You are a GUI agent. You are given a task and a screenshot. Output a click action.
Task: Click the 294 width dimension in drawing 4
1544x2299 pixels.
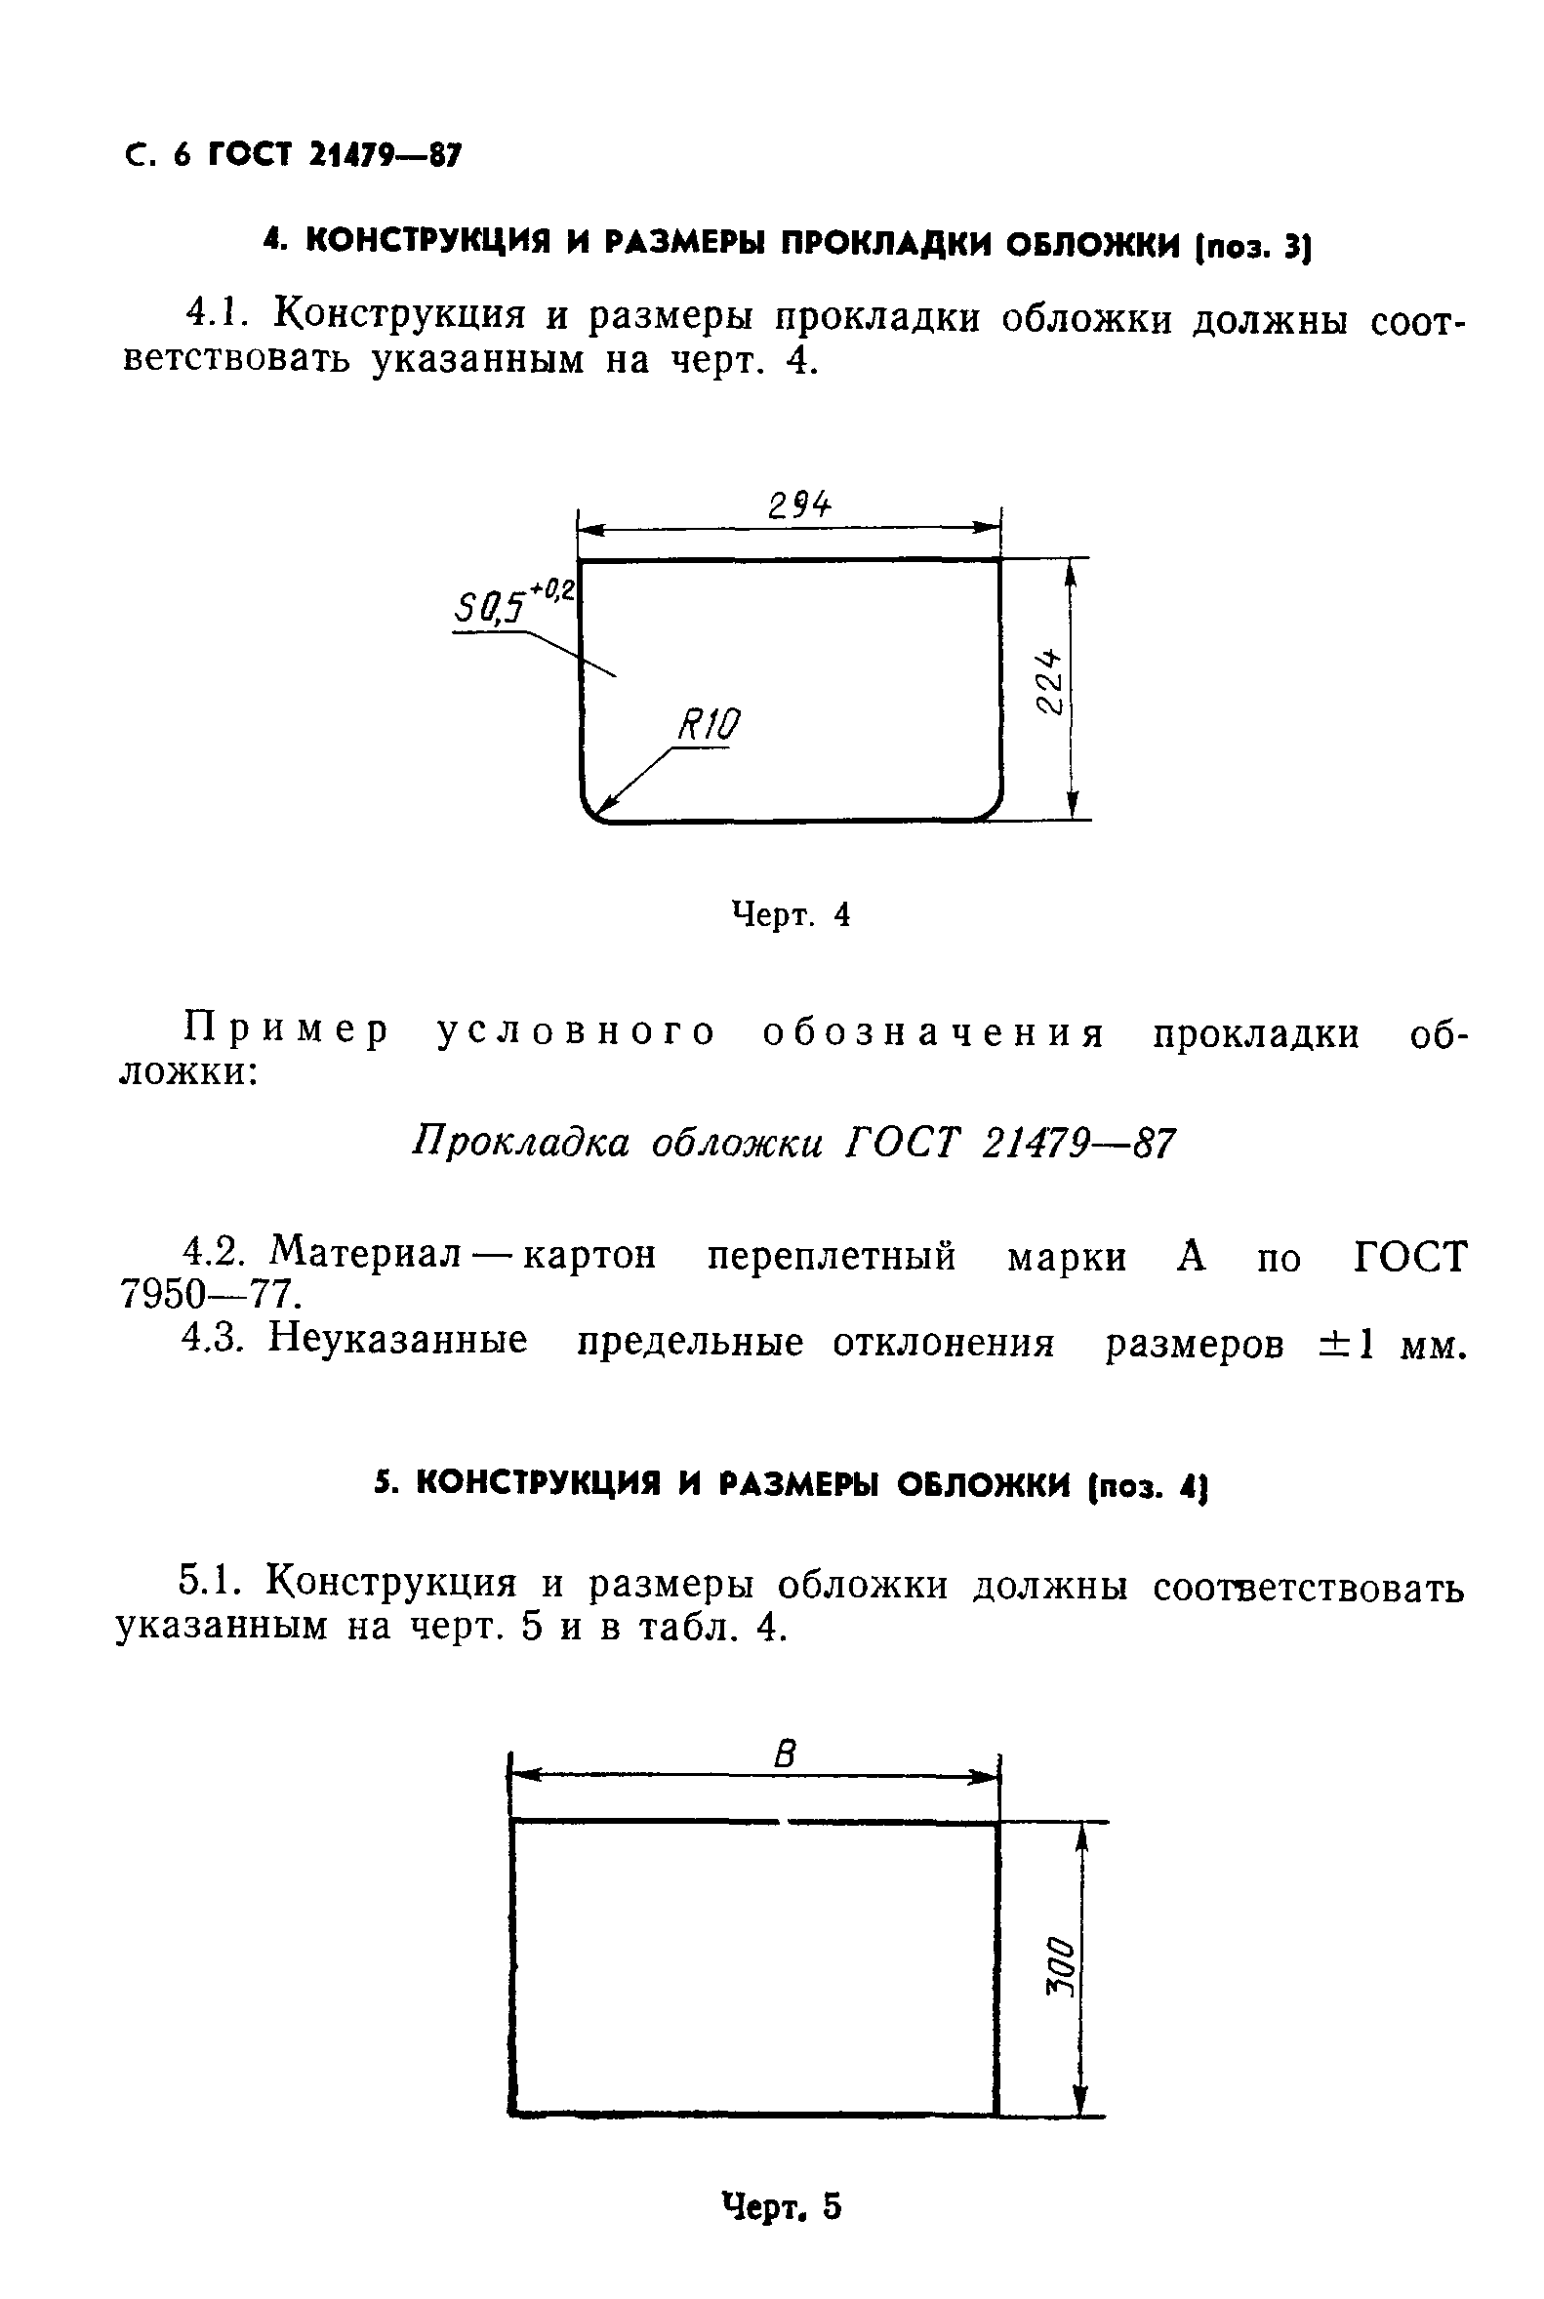click(798, 506)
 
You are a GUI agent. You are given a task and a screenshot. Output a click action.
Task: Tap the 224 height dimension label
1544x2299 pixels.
click(1050, 681)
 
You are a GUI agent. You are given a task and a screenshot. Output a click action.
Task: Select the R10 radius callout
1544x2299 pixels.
click(708, 726)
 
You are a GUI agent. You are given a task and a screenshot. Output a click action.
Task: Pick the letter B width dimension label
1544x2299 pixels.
click(785, 1754)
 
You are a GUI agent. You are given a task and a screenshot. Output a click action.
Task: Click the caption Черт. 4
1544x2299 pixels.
click(791, 915)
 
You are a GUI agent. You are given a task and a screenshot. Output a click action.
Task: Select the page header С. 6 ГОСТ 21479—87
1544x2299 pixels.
click(294, 155)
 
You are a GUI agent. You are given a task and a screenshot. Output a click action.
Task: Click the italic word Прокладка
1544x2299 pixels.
click(519, 1143)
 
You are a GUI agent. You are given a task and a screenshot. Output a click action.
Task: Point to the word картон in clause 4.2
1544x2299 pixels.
click(588, 1256)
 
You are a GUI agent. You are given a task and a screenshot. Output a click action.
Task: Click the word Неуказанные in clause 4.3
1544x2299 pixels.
click(398, 1342)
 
